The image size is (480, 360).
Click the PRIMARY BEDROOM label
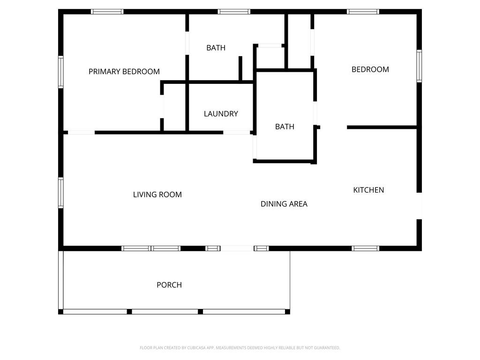coord(124,72)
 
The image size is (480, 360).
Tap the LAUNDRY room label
coord(221,114)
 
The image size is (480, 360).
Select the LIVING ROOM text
coord(157,195)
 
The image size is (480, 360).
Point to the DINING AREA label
coord(284,204)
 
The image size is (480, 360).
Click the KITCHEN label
coord(368,190)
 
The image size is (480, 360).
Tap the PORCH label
coord(169,285)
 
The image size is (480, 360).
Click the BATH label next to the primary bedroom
coord(216,48)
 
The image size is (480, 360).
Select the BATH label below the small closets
coord(285,127)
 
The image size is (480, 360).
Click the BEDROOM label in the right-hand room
coord(370,69)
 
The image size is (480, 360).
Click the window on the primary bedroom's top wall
coord(107,12)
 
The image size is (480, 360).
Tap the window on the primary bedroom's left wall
coord(61,72)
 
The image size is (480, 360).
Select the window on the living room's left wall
coord(61,193)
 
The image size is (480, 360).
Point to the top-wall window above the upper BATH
coord(234,12)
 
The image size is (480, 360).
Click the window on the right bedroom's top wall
coord(363,12)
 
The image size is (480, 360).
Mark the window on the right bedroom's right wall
coord(419,66)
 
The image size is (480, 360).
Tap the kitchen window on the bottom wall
coord(365,248)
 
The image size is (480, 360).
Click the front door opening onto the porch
coord(237,248)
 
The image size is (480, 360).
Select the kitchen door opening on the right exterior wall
coord(419,206)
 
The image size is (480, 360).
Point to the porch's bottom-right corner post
coord(287,312)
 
